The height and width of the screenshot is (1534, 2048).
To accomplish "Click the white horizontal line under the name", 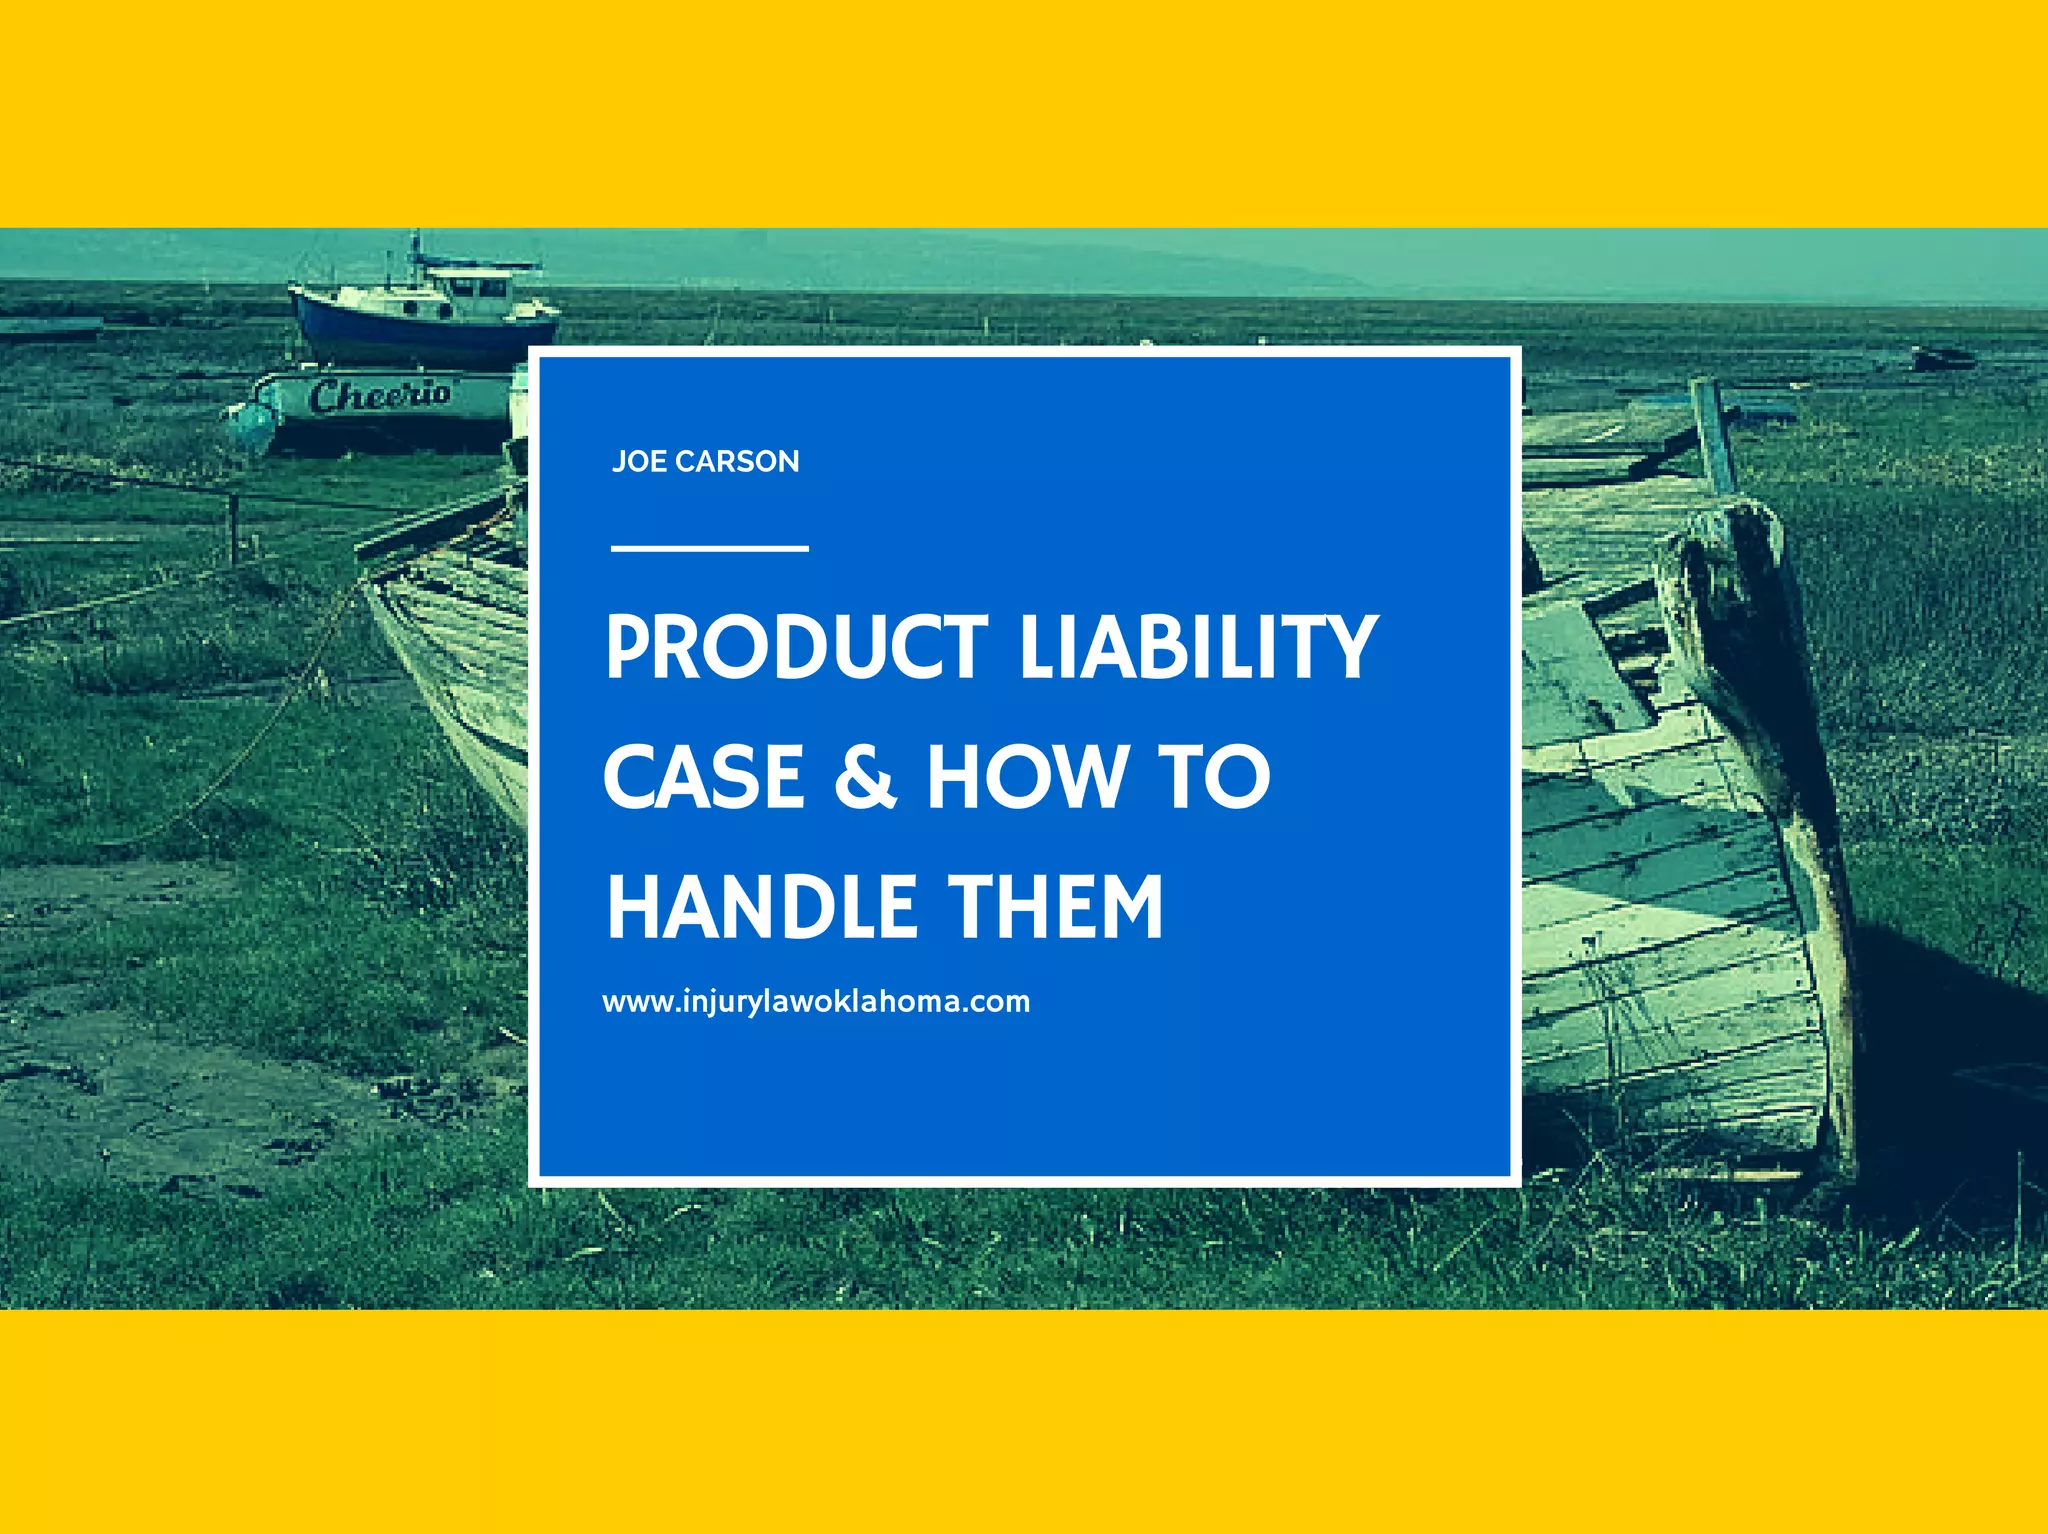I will pos(709,548).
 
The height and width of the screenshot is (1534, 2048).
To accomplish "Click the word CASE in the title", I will pos(704,776).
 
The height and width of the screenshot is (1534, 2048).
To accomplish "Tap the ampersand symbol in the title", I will pos(865,776).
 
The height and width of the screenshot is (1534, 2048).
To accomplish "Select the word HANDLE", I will pos(762,906).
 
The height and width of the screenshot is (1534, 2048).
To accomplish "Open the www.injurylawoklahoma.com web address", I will pos(815,1001).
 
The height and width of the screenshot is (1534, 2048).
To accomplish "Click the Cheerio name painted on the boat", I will pos(379,395).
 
